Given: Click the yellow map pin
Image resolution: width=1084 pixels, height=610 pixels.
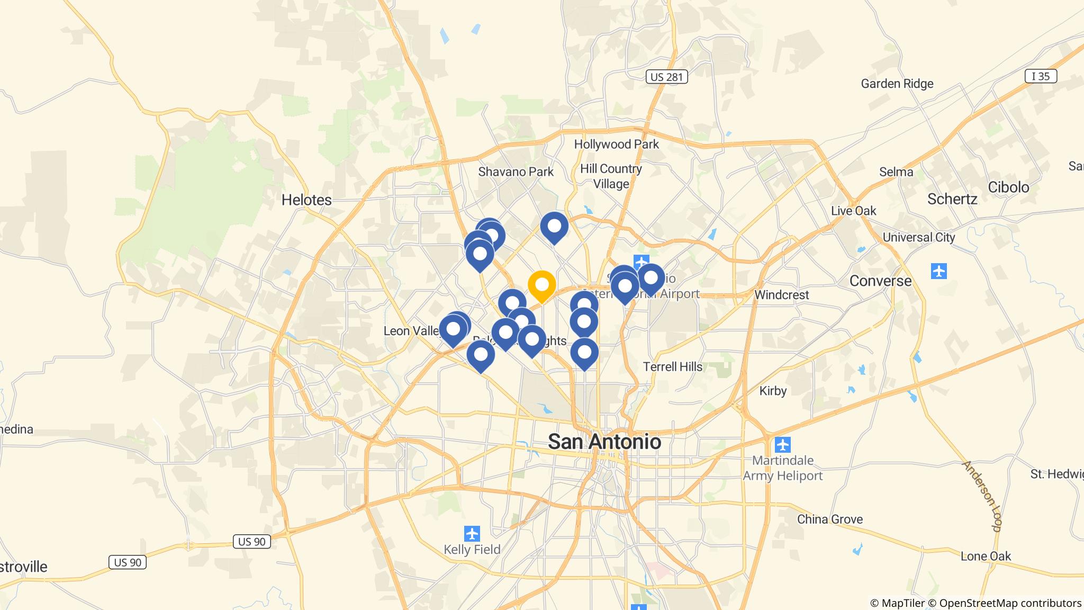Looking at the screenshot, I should coord(541,285).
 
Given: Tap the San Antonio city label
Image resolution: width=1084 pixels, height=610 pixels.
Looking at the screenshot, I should coord(604,441).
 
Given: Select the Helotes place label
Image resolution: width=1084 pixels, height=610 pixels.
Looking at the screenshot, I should coord(306,200).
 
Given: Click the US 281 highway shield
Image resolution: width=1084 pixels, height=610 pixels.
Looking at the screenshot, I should coord(667,77).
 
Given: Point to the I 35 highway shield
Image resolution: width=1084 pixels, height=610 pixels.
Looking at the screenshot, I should coord(1041,76).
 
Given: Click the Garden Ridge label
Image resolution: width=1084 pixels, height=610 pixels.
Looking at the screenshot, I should coord(897,84).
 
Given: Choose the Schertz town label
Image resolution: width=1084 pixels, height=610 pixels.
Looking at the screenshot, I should coord(952,199).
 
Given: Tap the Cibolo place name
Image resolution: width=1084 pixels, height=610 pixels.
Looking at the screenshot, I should coord(1009,187).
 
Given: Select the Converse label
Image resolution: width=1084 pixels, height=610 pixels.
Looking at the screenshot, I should coord(880,281).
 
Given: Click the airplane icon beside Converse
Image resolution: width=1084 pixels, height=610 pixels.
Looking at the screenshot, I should coord(938,271).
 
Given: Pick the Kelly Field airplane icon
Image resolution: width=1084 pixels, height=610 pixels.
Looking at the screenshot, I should coord(472,533).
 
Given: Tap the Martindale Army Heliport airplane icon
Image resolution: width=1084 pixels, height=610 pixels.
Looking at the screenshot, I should coord(783,444).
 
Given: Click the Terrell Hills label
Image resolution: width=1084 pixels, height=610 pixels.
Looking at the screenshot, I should coord(673,366).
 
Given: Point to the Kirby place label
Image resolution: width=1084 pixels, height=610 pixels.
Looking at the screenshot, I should coord(773,391).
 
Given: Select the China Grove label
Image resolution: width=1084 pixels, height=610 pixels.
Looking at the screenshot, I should coord(830,519).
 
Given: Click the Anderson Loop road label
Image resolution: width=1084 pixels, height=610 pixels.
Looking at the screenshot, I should coord(982,496).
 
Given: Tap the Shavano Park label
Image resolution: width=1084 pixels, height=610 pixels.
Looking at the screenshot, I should coord(516,172).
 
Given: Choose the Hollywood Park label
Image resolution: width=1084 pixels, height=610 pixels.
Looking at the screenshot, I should coord(617,144).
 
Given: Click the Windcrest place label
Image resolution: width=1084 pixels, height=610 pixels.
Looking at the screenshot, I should coord(781,294).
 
